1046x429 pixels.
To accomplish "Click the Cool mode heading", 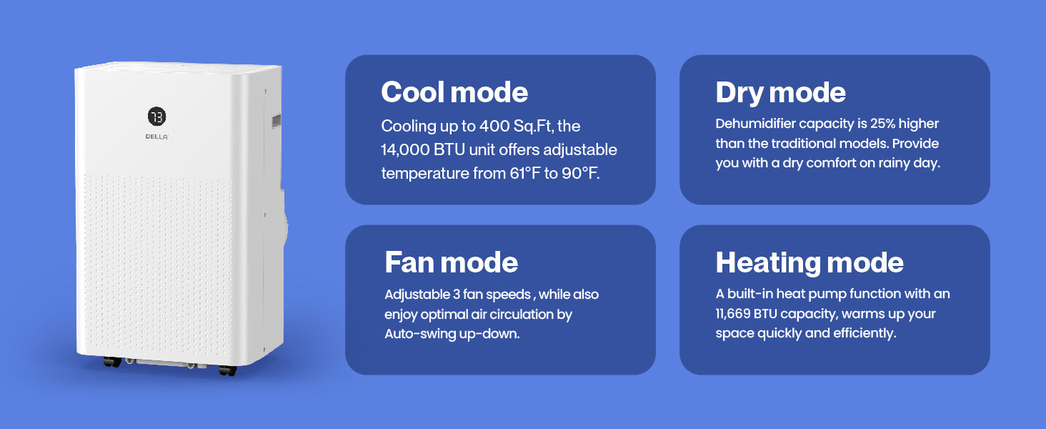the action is [454, 92].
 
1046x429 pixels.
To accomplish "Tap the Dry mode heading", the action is [780, 92].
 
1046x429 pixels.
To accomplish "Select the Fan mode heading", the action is [451, 262].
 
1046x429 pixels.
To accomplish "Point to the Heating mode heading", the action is [810, 263].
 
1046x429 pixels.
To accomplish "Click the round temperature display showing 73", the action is [157, 117].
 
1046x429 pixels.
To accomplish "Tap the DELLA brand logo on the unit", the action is [156, 137].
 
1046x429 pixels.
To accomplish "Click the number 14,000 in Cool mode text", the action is [405, 150].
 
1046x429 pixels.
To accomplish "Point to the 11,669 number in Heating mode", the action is [732, 314].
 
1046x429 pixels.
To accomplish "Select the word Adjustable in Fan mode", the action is [417, 295].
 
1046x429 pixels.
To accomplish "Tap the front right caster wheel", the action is [227, 370].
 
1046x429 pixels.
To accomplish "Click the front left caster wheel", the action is [112, 363].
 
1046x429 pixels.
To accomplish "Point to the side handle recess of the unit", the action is [276, 122].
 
